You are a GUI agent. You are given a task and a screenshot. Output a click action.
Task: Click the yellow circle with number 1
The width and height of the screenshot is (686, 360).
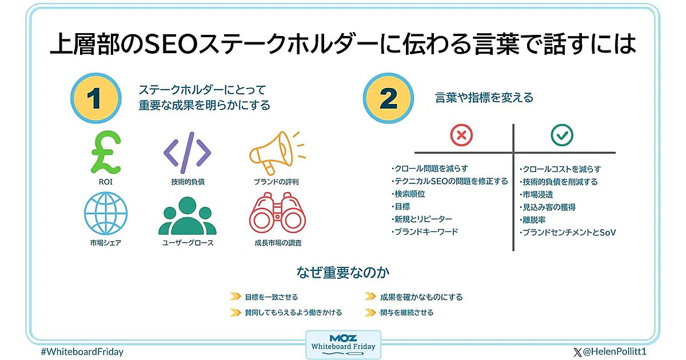click(96, 98)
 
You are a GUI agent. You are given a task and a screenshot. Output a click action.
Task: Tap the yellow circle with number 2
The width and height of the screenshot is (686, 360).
click(388, 98)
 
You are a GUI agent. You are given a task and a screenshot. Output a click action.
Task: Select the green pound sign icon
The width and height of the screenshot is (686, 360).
click(106, 152)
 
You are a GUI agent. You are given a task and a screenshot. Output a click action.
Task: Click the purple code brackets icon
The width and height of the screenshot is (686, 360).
click(187, 153)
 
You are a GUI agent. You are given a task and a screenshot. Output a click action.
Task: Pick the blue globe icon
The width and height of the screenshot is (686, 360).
click(106, 213)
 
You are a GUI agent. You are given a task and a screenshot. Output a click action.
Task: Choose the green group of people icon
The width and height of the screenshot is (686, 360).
click(188, 215)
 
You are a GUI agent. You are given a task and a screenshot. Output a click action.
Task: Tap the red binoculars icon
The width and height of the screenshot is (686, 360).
click(277, 213)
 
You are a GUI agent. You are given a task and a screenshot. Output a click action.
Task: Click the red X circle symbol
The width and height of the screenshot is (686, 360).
click(461, 135)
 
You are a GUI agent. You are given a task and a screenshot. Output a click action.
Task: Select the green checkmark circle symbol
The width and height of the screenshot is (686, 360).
click(562, 135)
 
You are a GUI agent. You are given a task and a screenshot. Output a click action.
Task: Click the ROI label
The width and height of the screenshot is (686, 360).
click(106, 182)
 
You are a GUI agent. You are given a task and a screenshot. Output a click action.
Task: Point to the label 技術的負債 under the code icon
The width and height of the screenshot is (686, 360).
click(188, 182)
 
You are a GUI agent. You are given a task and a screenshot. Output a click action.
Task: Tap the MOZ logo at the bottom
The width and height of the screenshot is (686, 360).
click(344, 338)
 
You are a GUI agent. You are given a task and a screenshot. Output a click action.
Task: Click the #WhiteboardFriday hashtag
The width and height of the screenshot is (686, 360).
click(82, 352)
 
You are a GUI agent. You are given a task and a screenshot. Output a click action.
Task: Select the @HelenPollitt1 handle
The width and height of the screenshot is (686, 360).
click(610, 352)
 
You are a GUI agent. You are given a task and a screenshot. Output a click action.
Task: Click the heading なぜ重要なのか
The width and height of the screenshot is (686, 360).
click(343, 272)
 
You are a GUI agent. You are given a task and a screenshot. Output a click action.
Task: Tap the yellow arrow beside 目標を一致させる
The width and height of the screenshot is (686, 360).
click(235, 297)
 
